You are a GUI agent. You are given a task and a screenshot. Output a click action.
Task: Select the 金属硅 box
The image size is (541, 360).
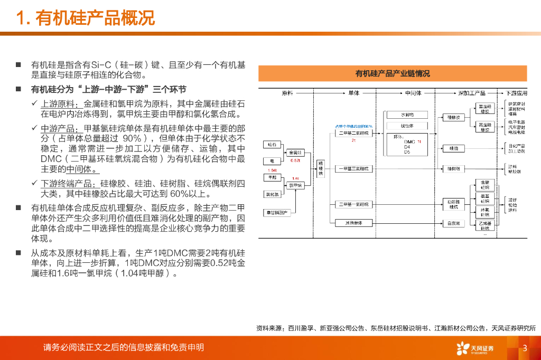pyautogui.click(x=294, y=153)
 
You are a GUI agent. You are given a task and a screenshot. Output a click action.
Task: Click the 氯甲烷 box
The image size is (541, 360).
pyautogui.click(x=294, y=185)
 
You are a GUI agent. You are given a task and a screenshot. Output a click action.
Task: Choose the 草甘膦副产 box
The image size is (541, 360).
pyautogui.click(x=276, y=212)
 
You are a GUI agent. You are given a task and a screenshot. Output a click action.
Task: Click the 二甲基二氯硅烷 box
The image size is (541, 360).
pyautogui.click(x=355, y=134)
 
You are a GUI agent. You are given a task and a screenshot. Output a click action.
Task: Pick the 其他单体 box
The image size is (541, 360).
pyautogui.click(x=355, y=223)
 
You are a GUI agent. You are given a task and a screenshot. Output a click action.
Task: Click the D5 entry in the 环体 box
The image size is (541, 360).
pyautogui.click(x=407, y=152)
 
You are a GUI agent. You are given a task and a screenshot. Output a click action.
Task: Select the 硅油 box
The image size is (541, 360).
pyautogui.click(x=454, y=149)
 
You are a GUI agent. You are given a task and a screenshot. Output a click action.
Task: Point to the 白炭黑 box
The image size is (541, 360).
pyautogui.click(x=454, y=223)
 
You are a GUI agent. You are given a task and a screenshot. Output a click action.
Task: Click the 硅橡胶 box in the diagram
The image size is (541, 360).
pyautogui.click(x=454, y=117)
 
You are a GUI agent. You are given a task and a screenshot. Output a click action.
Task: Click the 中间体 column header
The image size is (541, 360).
pyautogui.click(x=413, y=93)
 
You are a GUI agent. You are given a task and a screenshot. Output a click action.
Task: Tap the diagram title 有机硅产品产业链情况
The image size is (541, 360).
pyautogui.click(x=393, y=73)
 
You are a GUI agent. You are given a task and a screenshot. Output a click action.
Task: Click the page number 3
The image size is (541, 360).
pyautogui.click(x=525, y=348)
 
